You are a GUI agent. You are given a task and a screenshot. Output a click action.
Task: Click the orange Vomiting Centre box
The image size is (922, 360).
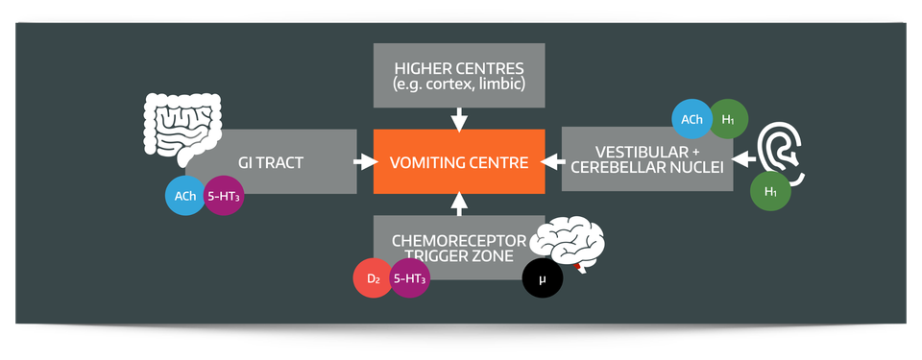[459, 161]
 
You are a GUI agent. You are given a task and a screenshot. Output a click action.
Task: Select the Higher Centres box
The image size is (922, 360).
[459, 75]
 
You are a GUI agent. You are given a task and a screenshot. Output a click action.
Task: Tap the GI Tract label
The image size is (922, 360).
[271, 162]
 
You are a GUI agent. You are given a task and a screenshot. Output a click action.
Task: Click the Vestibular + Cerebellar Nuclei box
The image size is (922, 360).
[646, 159]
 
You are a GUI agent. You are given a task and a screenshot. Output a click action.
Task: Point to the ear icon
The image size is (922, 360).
[783, 150]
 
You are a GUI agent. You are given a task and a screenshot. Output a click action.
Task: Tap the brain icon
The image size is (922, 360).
[570, 245]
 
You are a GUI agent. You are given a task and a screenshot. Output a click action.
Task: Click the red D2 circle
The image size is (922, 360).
[374, 278]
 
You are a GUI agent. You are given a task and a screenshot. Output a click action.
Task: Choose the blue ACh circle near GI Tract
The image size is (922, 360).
[185, 196]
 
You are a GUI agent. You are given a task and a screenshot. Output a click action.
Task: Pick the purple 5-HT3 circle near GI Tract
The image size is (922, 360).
[224, 196]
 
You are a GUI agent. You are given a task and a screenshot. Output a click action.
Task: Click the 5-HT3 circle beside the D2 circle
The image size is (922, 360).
[410, 278]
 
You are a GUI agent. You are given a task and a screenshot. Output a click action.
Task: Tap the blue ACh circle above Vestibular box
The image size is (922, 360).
[691, 120]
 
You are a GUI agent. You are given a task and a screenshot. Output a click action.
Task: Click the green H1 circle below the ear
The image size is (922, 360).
[770, 191]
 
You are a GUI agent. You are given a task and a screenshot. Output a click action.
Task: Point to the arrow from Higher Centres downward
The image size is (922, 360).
[459, 119]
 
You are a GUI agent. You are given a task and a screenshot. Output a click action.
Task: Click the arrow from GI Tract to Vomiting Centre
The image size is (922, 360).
[364, 161]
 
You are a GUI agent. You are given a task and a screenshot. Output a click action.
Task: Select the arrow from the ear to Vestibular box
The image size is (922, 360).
[743, 158]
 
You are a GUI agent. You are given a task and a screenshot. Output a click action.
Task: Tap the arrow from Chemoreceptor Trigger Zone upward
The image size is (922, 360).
[459, 203]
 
